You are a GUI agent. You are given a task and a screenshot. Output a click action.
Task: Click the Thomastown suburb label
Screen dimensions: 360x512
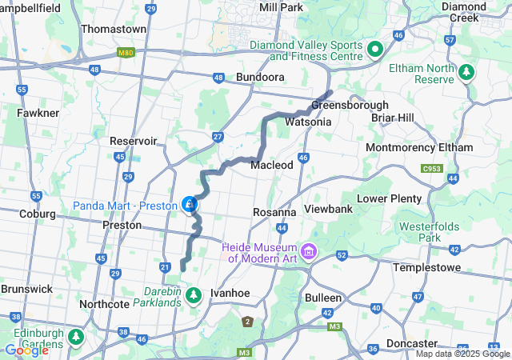(114, 29)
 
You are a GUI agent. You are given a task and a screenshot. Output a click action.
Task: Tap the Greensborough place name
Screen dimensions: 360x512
(350, 106)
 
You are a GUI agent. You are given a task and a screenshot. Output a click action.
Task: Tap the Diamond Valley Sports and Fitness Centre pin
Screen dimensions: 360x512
(374, 50)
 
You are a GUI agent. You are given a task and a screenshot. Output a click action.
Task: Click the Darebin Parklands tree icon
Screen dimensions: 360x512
(193, 296)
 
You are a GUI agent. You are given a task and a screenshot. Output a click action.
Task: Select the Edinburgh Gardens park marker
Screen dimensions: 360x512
(76, 336)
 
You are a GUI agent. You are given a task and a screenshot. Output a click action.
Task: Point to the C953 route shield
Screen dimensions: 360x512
(433, 169)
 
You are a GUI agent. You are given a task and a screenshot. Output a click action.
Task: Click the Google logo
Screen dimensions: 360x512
(26, 350)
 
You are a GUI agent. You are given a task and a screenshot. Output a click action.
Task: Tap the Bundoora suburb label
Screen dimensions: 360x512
(260, 78)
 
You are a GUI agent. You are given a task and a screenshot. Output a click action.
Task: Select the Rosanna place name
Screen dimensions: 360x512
(274, 213)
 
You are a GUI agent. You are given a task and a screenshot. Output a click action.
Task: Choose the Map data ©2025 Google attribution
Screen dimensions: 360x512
(462, 354)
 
